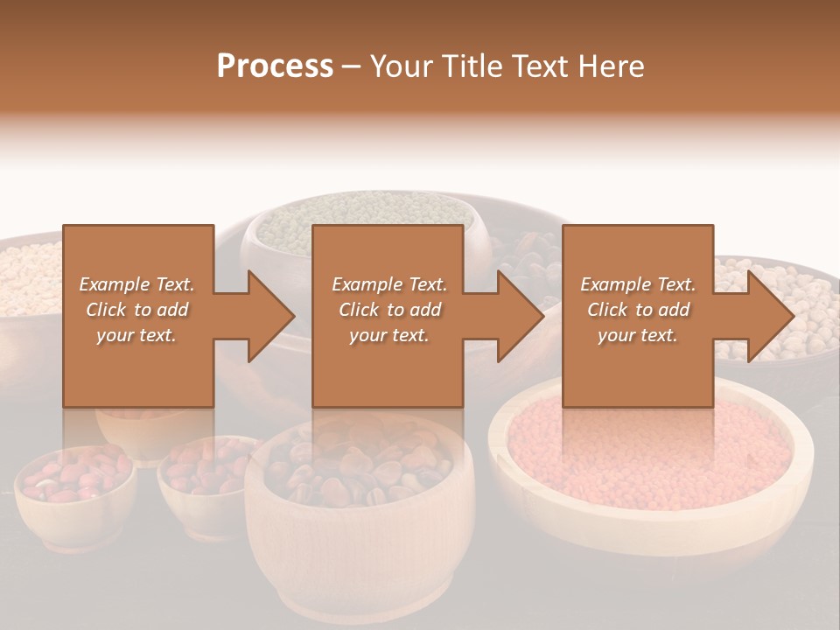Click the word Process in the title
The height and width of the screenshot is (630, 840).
(x=275, y=66)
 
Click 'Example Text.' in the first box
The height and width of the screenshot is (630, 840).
(x=137, y=284)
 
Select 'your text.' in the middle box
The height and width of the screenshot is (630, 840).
(x=388, y=335)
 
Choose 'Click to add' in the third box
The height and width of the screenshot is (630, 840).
(x=638, y=310)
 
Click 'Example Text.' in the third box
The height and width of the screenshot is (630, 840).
(x=638, y=284)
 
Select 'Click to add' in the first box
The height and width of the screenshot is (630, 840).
(x=137, y=310)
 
